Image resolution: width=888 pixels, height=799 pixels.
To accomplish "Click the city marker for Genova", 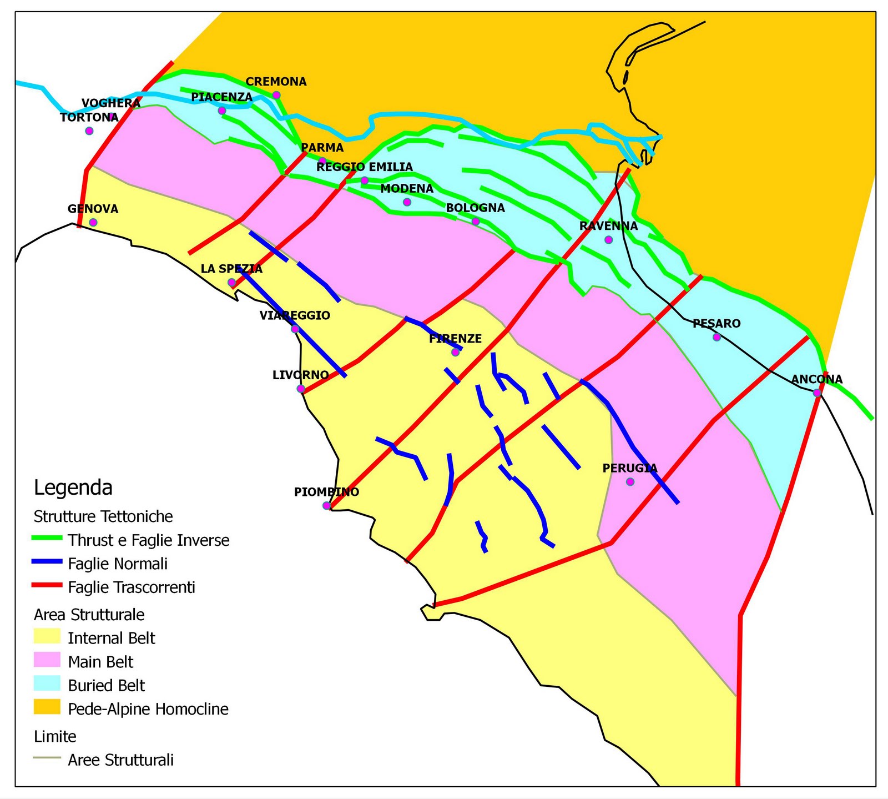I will (93, 222).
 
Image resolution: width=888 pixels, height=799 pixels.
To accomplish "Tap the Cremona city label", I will (276, 82).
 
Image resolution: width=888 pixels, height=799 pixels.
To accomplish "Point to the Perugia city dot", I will (629, 481).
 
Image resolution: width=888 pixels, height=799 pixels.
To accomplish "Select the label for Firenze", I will (455, 339).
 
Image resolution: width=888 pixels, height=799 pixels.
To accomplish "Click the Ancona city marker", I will (817, 393).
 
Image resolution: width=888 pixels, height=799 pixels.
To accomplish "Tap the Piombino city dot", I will (326, 505).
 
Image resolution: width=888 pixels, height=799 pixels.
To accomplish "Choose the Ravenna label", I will (608, 226).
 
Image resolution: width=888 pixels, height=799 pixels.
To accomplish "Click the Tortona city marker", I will (89, 131).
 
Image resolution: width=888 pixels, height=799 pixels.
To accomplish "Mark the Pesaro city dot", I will (717, 337).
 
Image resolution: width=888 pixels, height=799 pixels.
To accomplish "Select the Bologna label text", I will (475, 208).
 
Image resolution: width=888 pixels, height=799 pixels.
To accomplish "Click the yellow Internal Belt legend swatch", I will (47, 637).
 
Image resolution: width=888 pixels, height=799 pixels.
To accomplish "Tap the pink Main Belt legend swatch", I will (47, 661).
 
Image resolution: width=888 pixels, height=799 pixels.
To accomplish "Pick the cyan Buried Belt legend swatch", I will (47, 684).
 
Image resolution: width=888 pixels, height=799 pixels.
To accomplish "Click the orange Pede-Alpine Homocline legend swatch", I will (47, 708).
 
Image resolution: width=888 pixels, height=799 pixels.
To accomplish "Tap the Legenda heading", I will (73, 488).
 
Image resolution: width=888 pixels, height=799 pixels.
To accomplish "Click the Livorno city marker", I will (301, 389).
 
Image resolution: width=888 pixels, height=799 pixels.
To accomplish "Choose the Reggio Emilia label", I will (364, 167).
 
